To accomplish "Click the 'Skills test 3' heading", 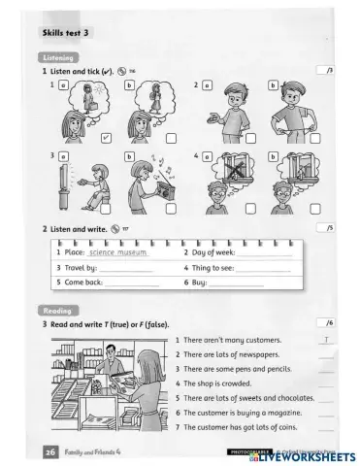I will [66, 33].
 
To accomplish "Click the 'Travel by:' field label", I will [79, 267].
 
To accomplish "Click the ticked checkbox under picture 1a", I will [106, 139].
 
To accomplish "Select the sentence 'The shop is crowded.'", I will [218, 383].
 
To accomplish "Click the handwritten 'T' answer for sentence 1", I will [327, 340].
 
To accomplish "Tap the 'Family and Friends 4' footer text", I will [94, 452].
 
